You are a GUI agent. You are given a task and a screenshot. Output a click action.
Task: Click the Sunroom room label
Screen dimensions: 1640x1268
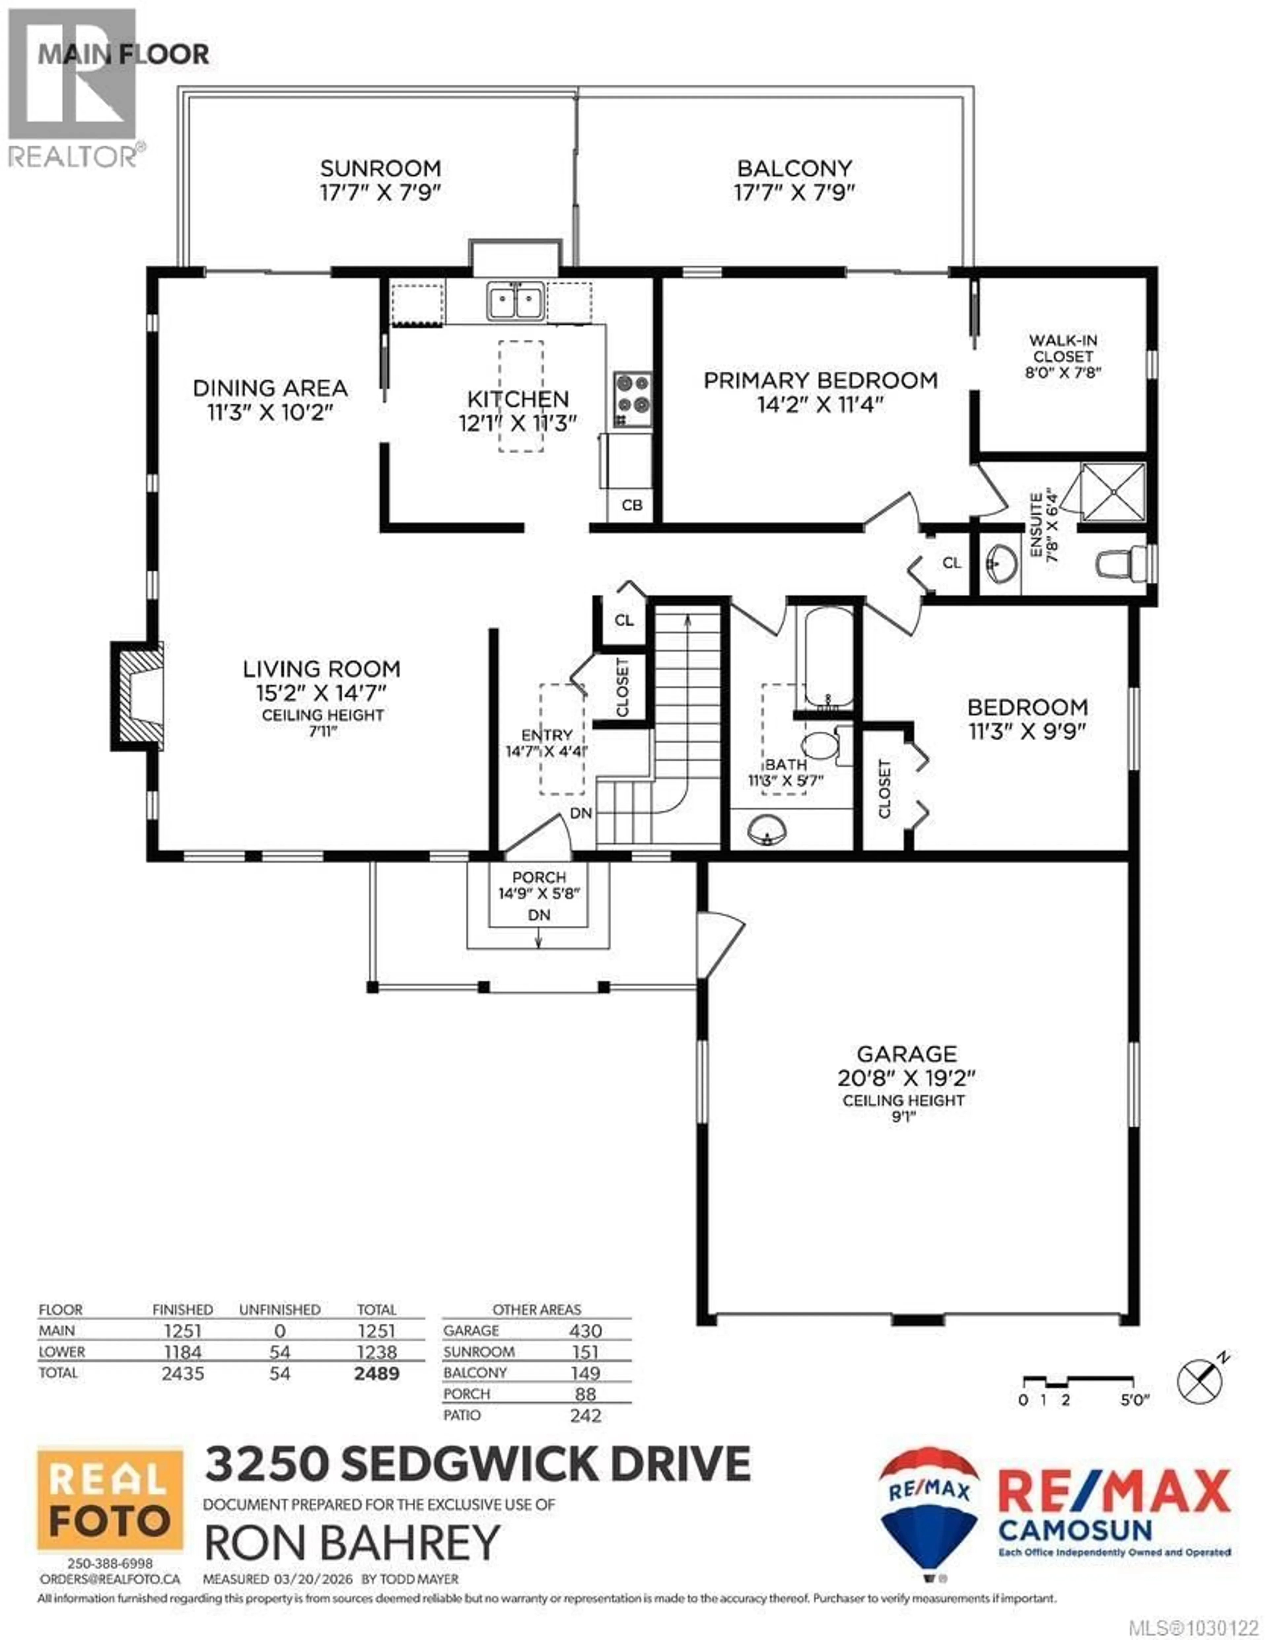[x=380, y=168]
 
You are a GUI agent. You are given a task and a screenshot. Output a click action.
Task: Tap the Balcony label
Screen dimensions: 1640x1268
[x=794, y=168]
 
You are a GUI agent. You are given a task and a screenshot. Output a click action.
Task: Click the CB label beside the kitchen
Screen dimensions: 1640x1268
[x=632, y=506]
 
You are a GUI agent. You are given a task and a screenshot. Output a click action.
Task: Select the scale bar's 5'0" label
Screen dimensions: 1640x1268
[x=1134, y=1400]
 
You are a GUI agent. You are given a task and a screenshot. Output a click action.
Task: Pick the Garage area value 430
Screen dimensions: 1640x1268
[x=585, y=1331]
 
